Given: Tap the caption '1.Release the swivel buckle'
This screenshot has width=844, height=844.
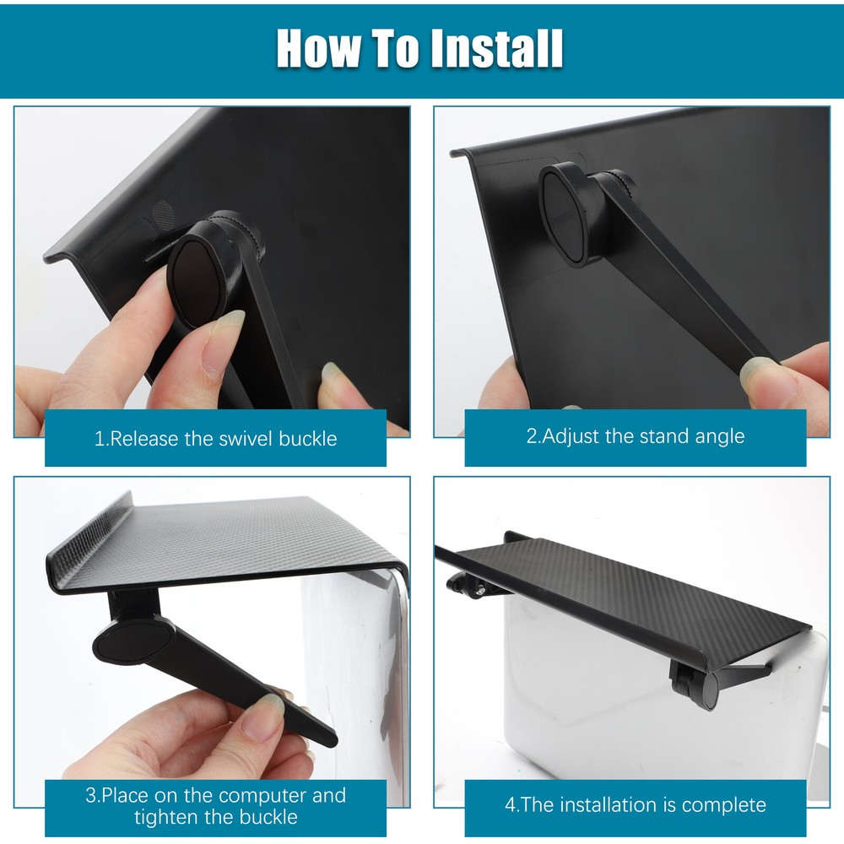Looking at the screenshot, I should tap(215, 439).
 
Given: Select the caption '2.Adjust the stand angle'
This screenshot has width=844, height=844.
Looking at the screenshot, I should tap(636, 436).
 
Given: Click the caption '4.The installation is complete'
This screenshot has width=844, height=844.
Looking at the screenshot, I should tap(636, 804).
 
